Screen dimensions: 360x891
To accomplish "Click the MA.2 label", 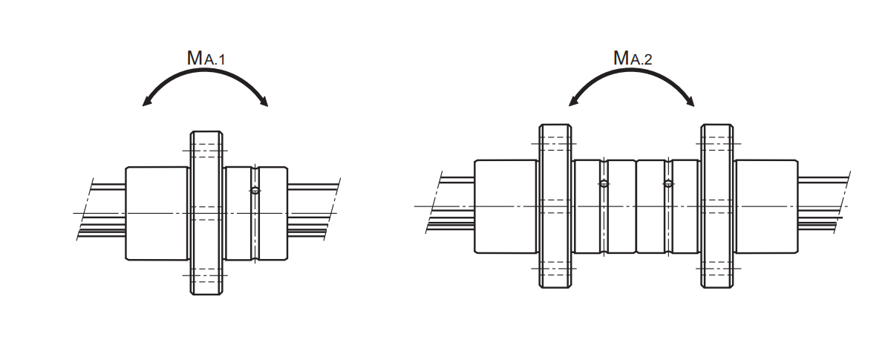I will (632, 58).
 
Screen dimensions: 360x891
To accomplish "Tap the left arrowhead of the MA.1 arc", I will (148, 102).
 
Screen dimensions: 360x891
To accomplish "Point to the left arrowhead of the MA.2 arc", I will (574, 101).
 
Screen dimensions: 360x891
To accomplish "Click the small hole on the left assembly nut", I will (255, 191).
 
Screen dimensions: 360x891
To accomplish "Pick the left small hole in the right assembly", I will (604, 183).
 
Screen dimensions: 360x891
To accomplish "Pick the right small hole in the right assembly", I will (668, 183).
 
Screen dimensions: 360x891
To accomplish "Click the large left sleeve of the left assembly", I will (157, 214).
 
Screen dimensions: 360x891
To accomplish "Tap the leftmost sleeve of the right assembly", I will (506, 206).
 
